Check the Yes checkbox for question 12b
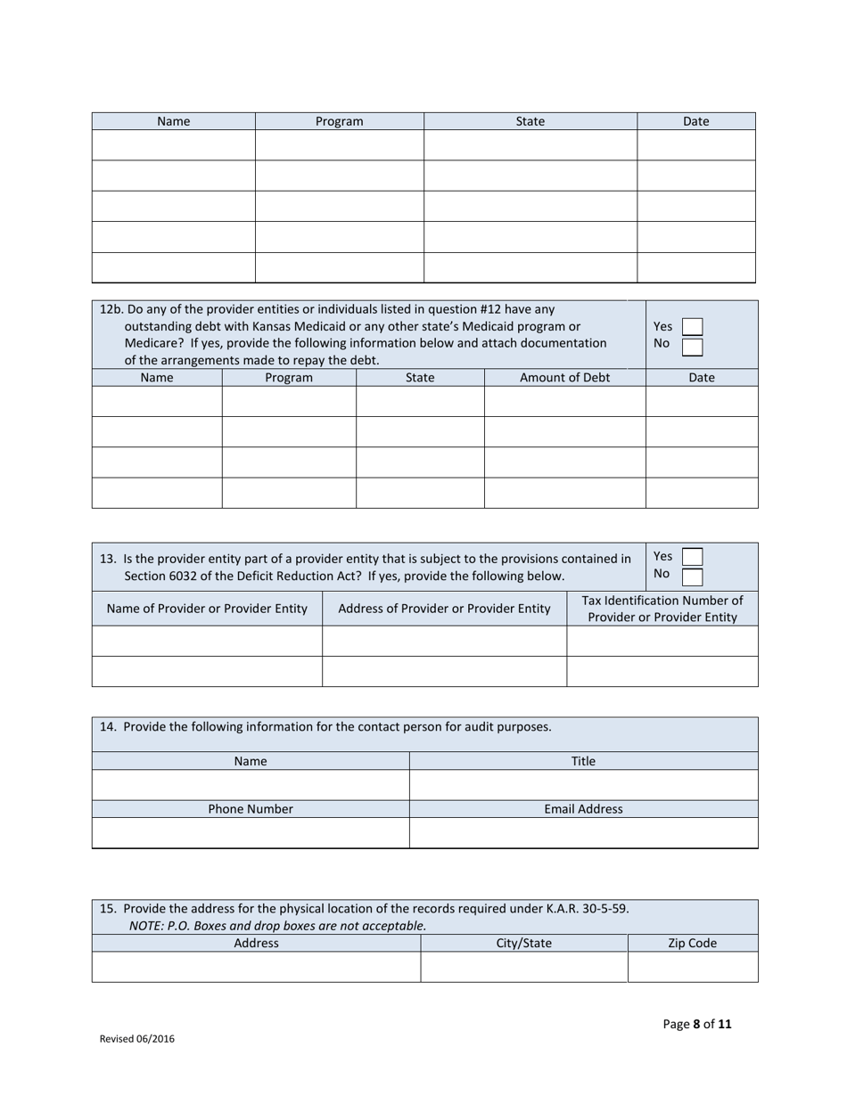pos(692,327)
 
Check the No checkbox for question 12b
pos(692,346)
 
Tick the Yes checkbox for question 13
pos(692,556)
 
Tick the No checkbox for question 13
pos(692,575)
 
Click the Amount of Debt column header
pos(564,377)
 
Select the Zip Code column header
pos(692,943)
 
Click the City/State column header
pos(523,943)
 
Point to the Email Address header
pos(583,809)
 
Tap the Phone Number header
pos(251,809)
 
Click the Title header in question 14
pos(583,761)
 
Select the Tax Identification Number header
pos(662,609)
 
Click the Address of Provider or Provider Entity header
pos(444,609)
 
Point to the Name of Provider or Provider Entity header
pos(207,609)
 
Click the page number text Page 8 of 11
pos(697,1024)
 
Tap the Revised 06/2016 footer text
pos(136,1038)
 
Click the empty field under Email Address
pos(583,832)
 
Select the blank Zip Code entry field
pos(692,966)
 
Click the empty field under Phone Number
pos(251,832)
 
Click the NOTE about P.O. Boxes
pos(277,926)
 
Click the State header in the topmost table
pos(530,121)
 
